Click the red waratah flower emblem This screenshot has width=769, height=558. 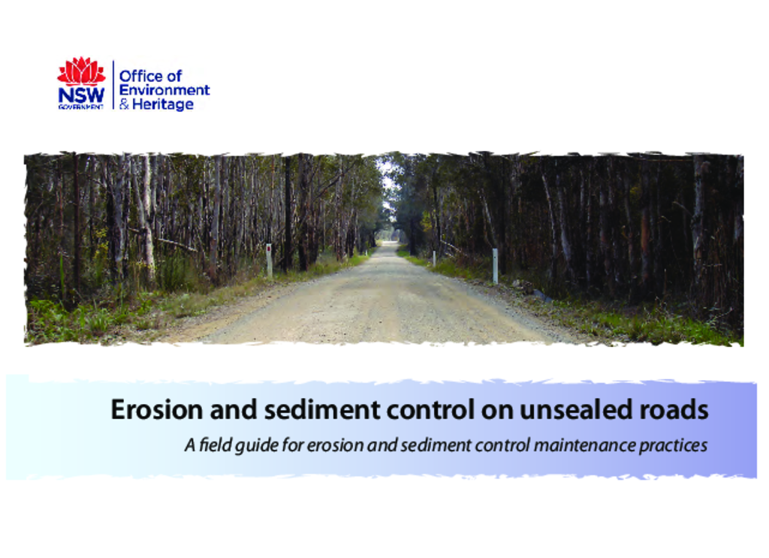[81, 71]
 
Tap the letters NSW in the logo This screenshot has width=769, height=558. [81, 95]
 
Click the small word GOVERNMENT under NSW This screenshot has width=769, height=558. [81, 107]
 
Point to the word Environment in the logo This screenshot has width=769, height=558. [164, 90]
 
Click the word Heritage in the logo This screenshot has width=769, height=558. [163, 104]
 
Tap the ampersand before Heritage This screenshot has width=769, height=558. [124, 104]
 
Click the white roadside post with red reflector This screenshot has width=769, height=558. [270, 261]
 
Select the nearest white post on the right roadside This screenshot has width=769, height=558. [495, 266]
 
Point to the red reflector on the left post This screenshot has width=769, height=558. [270, 249]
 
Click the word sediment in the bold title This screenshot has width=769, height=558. [322, 409]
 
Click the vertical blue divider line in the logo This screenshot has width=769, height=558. [113, 84]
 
